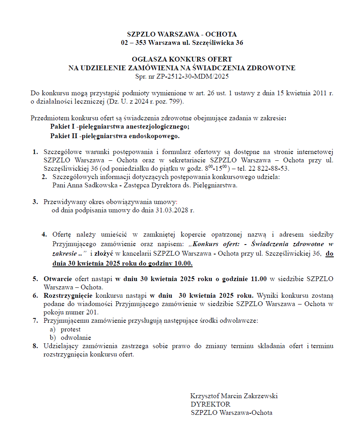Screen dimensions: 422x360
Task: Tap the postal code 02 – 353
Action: click(x=135, y=42)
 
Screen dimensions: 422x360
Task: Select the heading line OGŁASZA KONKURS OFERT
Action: click(x=182, y=60)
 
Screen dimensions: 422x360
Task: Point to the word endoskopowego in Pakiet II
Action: click(x=157, y=136)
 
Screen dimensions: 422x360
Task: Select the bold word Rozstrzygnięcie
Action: click(x=68, y=295)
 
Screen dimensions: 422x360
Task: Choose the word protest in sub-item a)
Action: click(x=71, y=329)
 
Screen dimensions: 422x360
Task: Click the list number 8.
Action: click(x=35, y=346)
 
